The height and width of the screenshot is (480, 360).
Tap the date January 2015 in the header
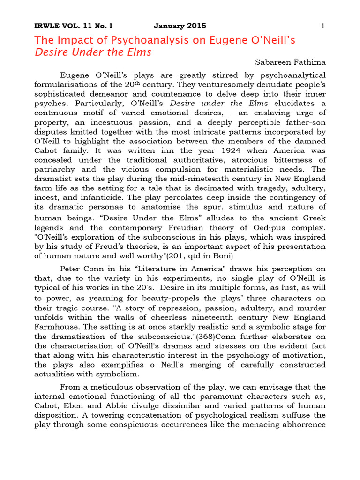click(x=180, y=26)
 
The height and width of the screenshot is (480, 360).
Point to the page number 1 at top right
click(x=323, y=26)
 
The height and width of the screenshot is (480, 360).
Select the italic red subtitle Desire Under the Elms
click(x=93, y=52)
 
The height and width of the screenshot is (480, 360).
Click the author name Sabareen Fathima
click(x=290, y=62)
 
